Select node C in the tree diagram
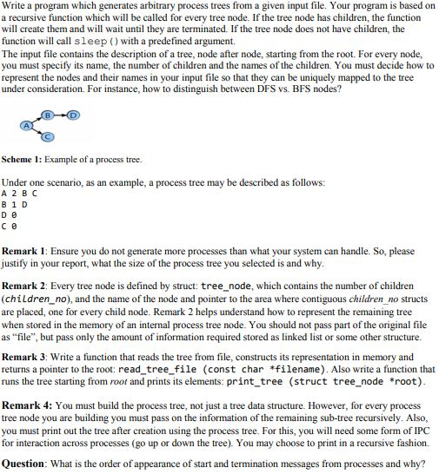pyautogui.click(x=49, y=137)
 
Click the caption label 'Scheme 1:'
pyautogui.click(x=23, y=161)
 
